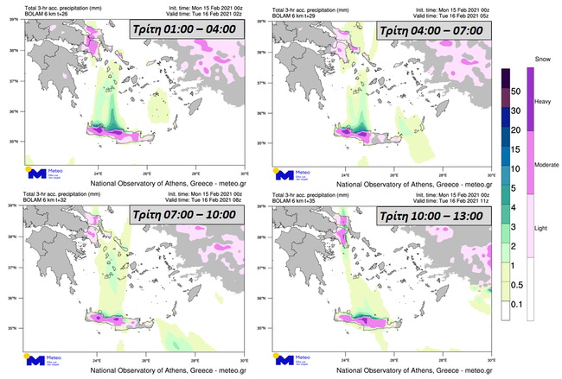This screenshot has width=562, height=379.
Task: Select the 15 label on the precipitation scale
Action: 514,148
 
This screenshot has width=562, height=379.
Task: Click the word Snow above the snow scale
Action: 543,59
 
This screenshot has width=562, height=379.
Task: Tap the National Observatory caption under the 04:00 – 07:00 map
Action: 410,185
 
